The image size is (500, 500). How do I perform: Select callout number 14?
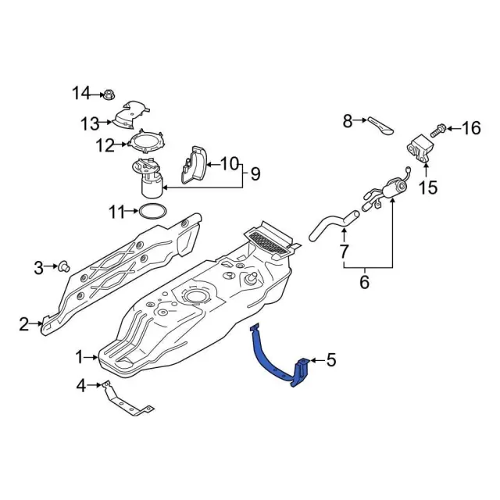tap(81, 94)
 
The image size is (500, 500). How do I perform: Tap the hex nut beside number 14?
tap(108, 95)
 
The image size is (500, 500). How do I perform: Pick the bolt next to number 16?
tap(438, 131)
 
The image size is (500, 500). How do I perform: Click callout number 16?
tap(471, 128)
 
